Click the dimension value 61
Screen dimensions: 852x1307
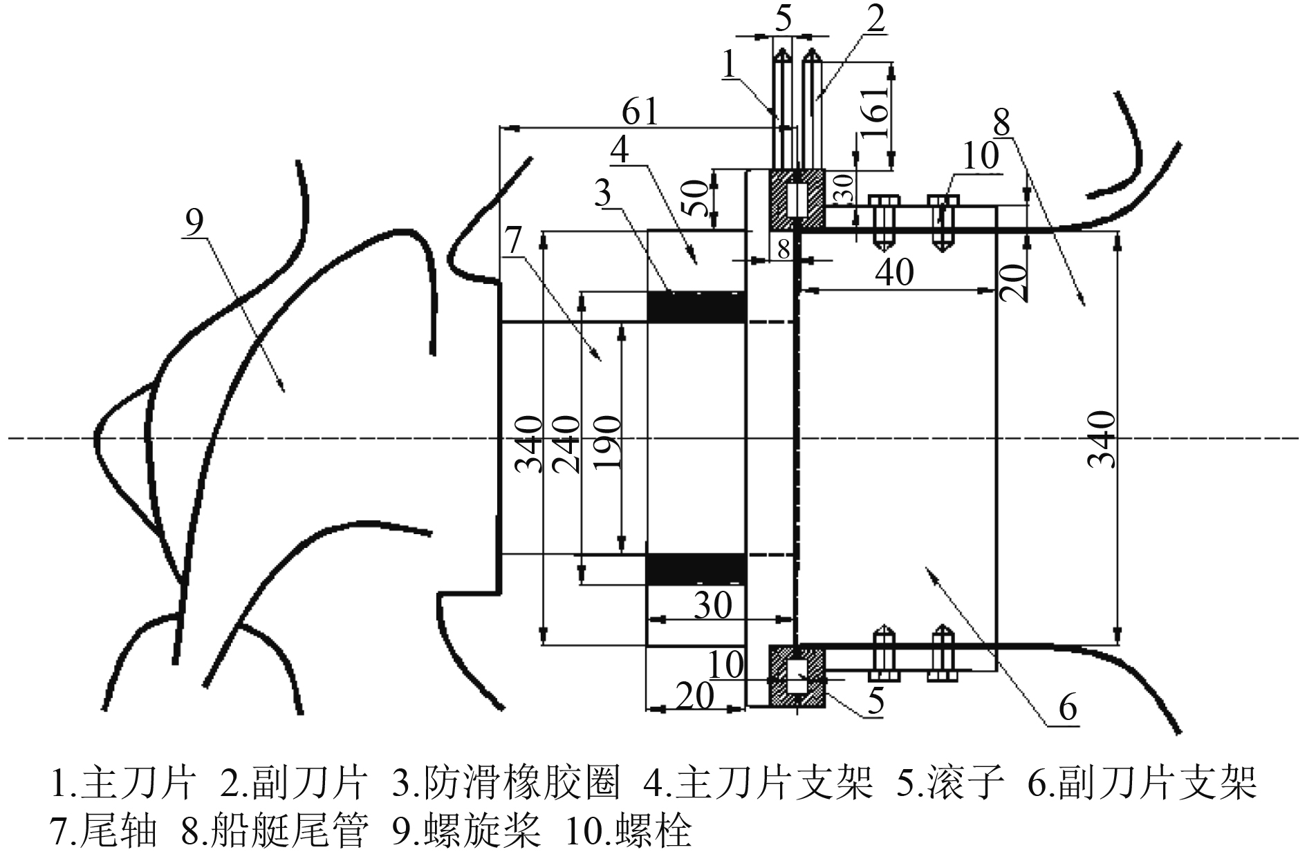tap(640, 111)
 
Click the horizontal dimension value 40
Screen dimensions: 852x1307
tap(894, 272)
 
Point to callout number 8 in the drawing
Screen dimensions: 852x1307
tap(1001, 124)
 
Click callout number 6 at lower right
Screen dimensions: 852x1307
tap(1067, 708)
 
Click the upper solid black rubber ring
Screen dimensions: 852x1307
tap(696, 307)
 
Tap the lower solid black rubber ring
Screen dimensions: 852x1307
tap(696, 569)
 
